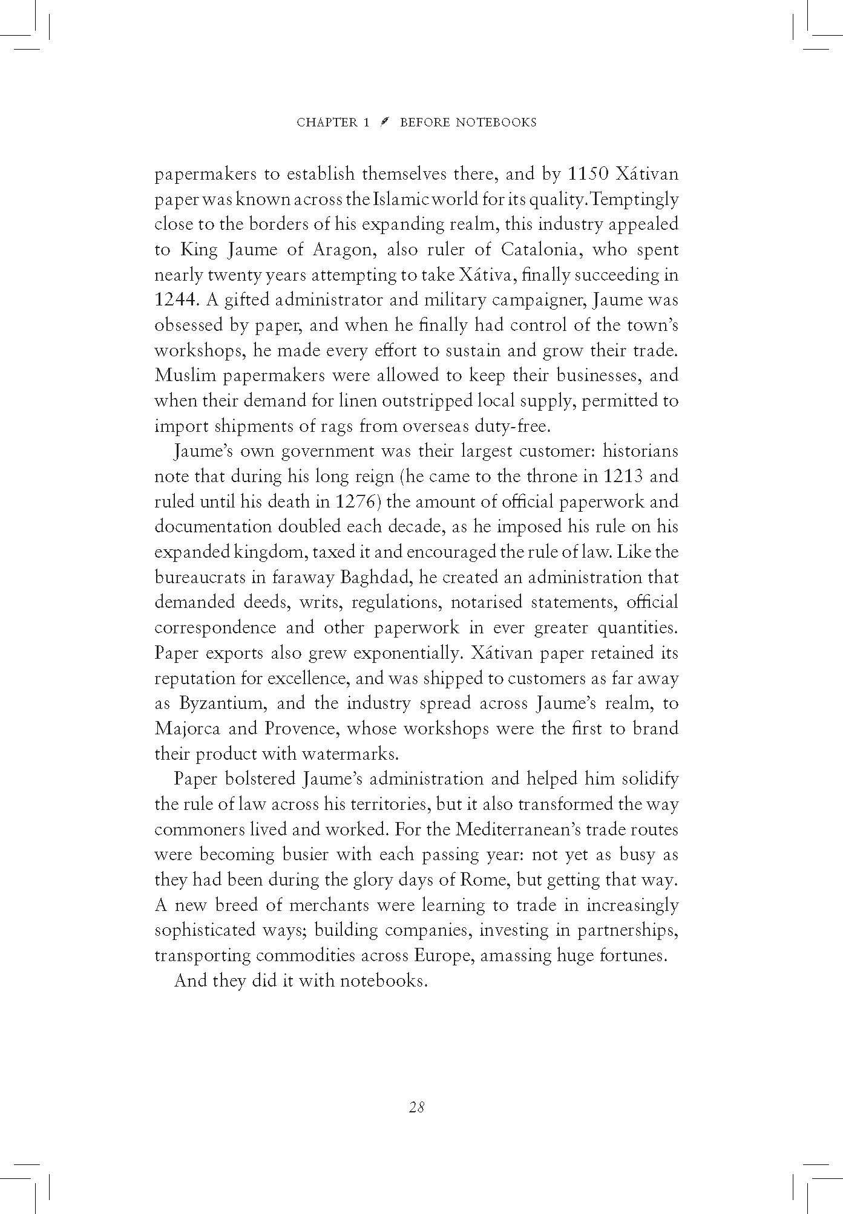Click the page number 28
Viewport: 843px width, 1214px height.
click(x=417, y=1107)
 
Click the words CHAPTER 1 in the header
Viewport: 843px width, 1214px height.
click(x=332, y=123)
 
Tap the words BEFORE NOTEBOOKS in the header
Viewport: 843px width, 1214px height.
click(x=468, y=123)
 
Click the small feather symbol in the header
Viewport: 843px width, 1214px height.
click(x=384, y=122)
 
